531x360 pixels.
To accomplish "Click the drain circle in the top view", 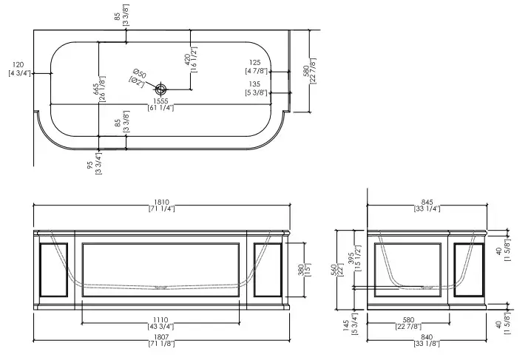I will coord(161,89).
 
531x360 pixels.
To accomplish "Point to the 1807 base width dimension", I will coord(160,338).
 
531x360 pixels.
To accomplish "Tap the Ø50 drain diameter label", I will coord(138,75).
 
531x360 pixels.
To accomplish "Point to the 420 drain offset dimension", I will coord(189,57).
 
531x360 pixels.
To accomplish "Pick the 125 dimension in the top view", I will coord(255,67).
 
